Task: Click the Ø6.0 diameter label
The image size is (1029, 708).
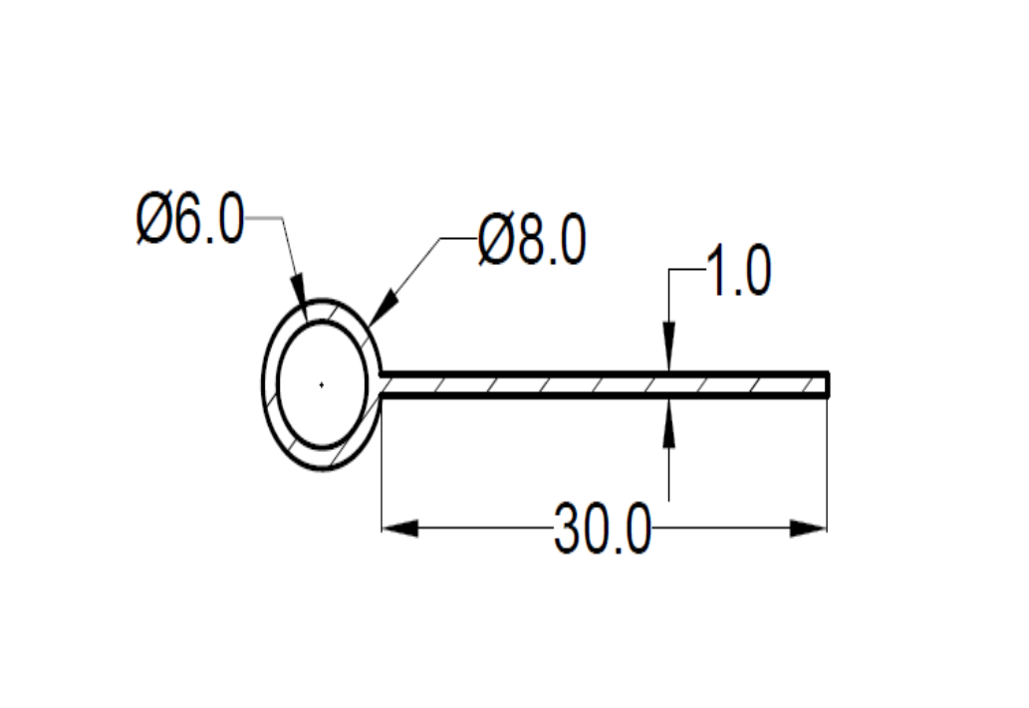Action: pos(190,218)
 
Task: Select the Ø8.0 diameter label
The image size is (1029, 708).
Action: pos(532,241)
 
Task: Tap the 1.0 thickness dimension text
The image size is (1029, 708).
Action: pos(738,271)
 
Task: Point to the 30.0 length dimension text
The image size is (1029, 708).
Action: pos(603,529)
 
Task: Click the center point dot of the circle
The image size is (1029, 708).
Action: pos(321,385)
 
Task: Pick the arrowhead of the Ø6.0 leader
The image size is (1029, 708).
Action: pos(300,303)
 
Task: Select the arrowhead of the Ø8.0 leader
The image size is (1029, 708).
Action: pos(384,309)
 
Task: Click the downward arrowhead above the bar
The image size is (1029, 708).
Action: pos(668,347)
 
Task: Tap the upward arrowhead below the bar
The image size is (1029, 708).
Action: pos(668,422)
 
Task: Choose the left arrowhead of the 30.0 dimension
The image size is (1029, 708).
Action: pos(399,528)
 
